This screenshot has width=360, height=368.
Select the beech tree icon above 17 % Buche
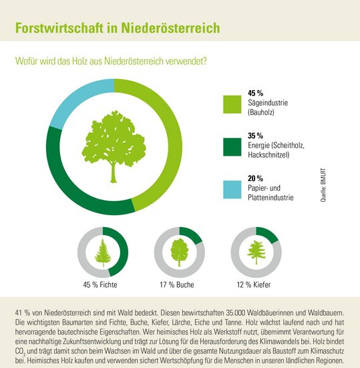[179, 252]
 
